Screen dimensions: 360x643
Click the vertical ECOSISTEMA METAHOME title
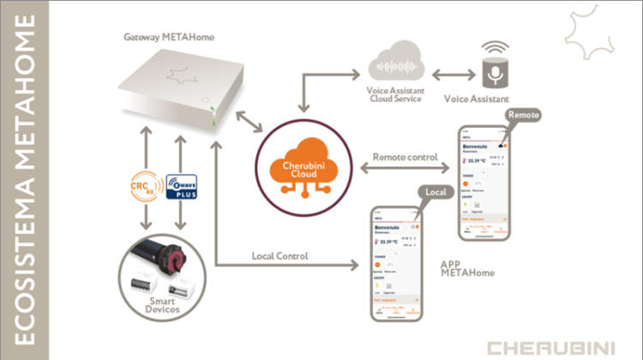tap(25, 180)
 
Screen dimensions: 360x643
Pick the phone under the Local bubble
tap(394, 267)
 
